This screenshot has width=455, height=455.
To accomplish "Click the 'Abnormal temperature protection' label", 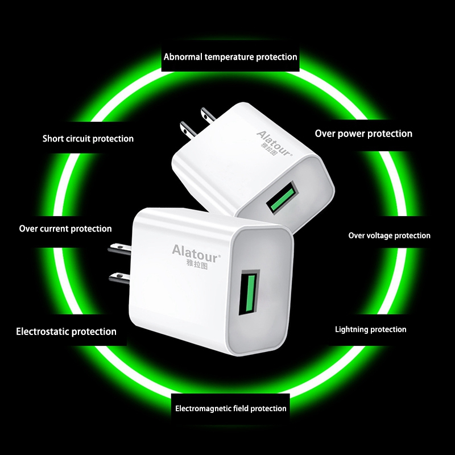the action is tap(230, 57).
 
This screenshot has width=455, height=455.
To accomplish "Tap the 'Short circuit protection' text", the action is tap(88, 139).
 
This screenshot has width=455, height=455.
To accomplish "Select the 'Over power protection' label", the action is tap(363, 134).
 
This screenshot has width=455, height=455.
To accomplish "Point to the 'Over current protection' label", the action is tap(65, 229).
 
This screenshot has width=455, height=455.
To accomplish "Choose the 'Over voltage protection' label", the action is tap(390, 235).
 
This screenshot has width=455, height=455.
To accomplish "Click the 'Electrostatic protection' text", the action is tap(66, 332).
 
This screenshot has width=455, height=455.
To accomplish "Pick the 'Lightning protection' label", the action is tap(371, 329).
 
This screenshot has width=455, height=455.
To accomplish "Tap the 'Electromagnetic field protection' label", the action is tap(231, 408).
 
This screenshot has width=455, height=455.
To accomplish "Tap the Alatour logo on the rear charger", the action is tap(274, 143).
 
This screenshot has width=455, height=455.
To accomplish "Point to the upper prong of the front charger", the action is tap(119, 249).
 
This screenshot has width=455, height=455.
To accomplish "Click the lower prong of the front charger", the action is tap(119, 279).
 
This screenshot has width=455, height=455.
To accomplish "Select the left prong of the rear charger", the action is tap(189, 130).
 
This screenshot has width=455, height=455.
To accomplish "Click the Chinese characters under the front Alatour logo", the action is tap(197, 264).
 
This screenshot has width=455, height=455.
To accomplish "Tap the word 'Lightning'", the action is tap(352, 330).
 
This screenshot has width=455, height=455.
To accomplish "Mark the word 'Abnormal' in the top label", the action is tap(183, 57).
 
